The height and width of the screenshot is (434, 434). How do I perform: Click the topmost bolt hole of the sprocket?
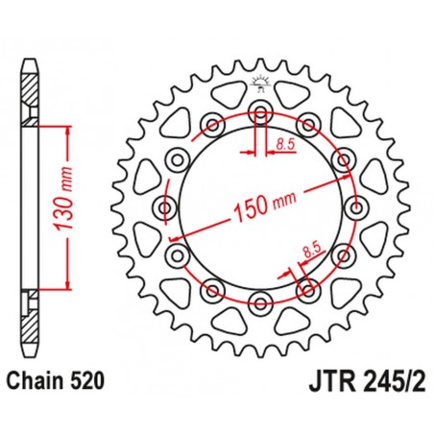[x=260, y=113]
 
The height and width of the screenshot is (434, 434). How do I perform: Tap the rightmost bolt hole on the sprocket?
[x=357, y=208]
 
